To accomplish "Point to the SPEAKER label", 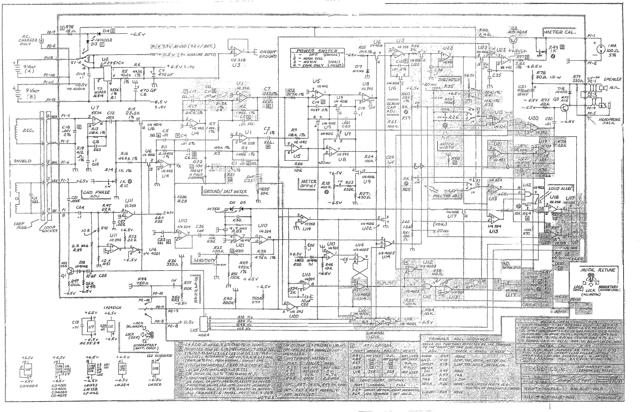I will coord(612,79).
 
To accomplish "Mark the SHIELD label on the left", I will coord(23,161).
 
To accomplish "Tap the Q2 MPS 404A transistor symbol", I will coord(513,40).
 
